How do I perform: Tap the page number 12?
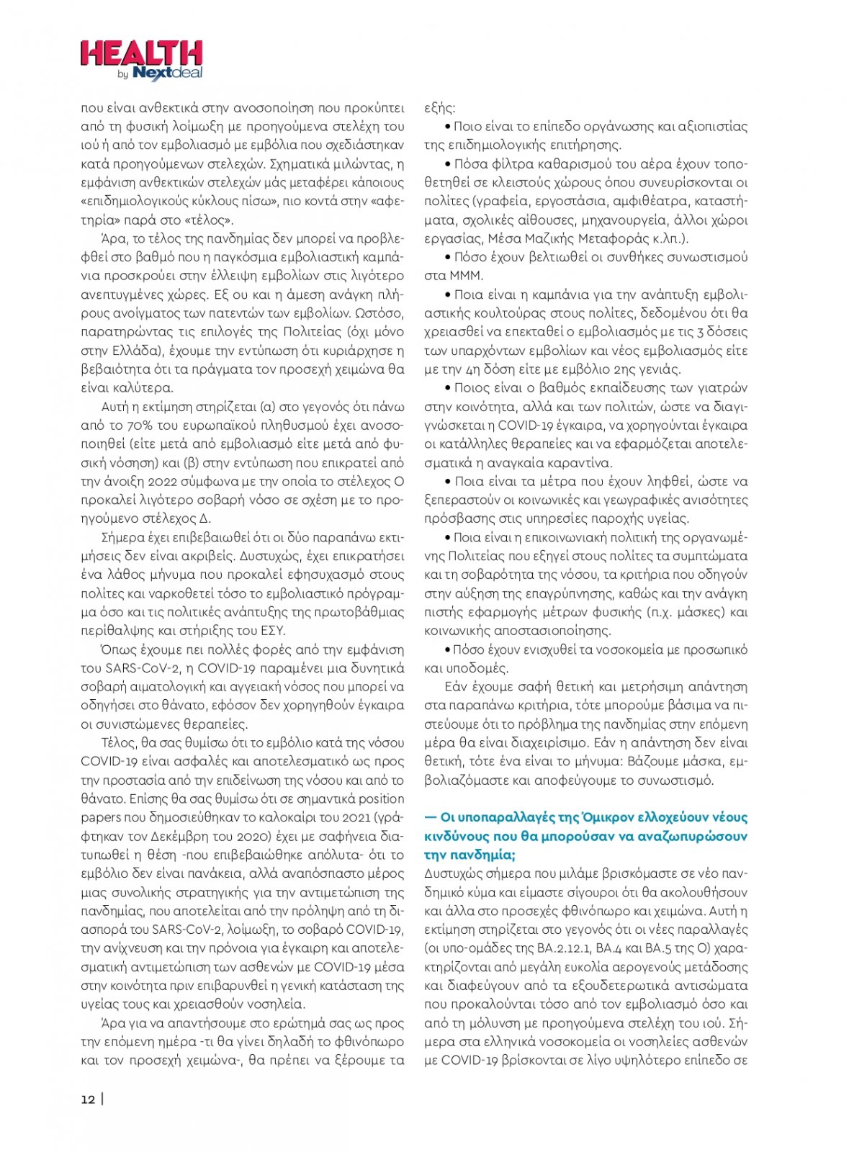[88, 1099]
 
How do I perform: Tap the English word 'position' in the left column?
[381, 799]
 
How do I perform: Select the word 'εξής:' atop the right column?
[439, 108]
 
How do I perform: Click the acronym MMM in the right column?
[466, 276]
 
